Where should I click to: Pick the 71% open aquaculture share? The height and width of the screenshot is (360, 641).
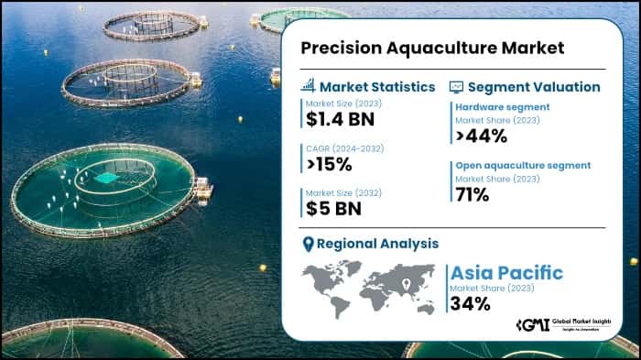pos(473,194)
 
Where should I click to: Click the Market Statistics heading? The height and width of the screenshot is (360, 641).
pos(377,87)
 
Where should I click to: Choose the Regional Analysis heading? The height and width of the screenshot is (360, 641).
pos(377,244)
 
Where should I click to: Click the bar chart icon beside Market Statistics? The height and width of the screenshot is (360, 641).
pos(309,86)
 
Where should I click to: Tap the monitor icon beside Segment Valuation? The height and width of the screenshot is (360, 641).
pos(456,87)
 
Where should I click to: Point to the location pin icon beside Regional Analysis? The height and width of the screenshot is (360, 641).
pos(309,244)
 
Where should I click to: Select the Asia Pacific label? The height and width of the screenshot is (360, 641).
pos(506,273)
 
